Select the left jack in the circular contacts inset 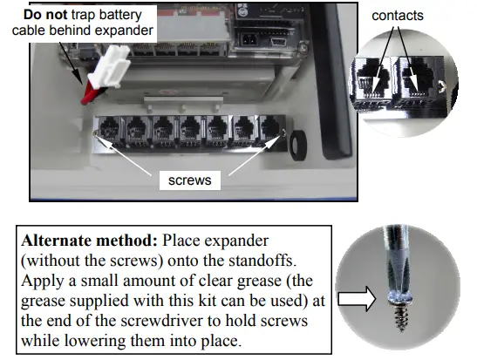(x=373, y=82)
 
